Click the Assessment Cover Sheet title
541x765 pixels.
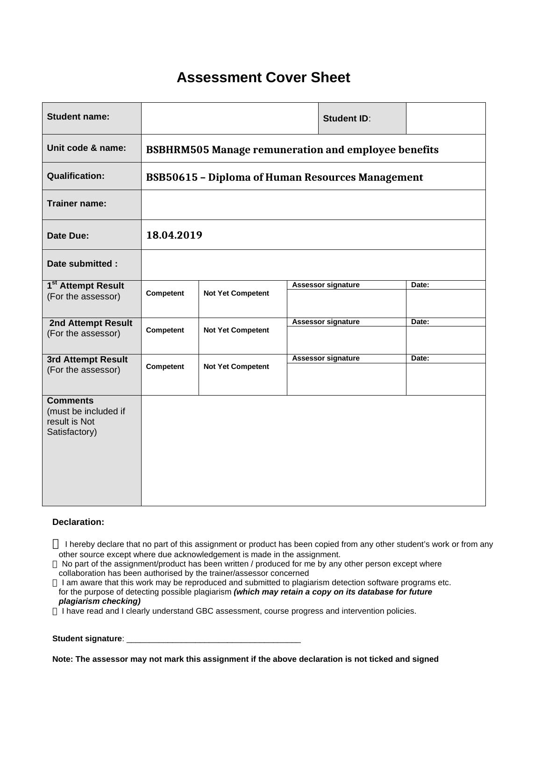[x=263, y=78]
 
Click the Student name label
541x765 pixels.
[x=78, y=117]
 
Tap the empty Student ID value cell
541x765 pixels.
[x=445, y=119]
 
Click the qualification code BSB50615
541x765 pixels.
[x=172, y=177]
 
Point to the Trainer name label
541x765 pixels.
[x=77, y=204]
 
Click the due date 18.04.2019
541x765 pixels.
[x=174, y=235]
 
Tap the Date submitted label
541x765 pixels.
[x=82, y=264]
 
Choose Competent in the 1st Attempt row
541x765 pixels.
[x=165, y=293]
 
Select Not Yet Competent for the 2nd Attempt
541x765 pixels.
[x=236, y=330]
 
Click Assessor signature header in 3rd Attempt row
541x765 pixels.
[x=326, y=358]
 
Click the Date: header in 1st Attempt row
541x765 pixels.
[x=420, y=285]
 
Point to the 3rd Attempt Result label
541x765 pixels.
[x=87, y=360]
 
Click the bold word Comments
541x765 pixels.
[x=70, y=401]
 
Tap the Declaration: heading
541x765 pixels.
[x=78, y=522]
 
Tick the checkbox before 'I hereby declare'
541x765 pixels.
[x=56, y=544]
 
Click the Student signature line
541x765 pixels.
[x=213, y=639]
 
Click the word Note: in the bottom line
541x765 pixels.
[x=63, y=659]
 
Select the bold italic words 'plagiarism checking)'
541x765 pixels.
[x=100, y=602]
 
